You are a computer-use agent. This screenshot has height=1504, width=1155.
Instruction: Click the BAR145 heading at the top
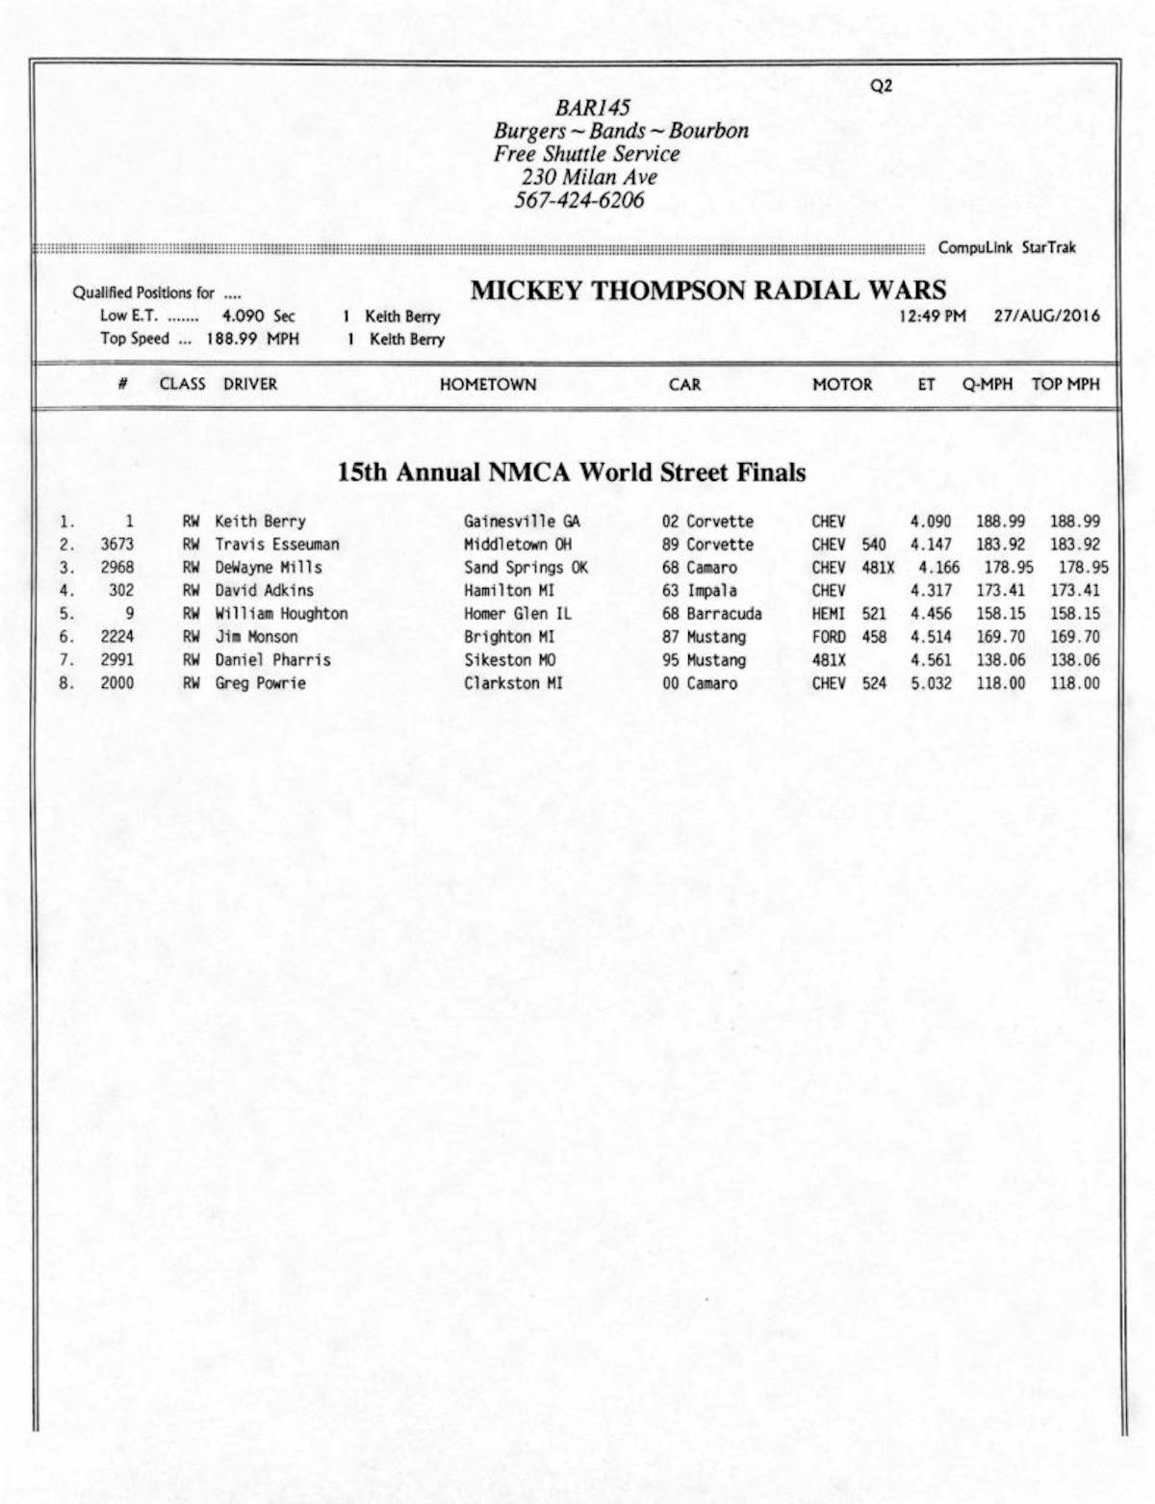[x=592, y=107]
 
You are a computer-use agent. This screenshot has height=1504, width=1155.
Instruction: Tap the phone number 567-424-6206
[x=578, y=200]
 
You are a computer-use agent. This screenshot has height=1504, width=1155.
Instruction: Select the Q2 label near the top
[x=881, y=86]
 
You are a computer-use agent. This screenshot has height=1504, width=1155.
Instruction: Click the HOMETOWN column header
[x=488, y=385]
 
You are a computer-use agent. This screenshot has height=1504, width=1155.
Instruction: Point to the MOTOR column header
[x=842, y=385]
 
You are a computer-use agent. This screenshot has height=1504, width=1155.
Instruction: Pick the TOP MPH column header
[x=1065, y=384]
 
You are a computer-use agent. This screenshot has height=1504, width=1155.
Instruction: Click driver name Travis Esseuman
[x=277, y=545]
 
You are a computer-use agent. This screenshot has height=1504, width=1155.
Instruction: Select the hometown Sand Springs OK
[x=526, y=568]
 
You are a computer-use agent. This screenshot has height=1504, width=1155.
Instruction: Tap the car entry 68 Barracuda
[x=711, y=614]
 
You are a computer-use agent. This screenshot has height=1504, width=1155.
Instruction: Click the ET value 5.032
[x=931, y=683]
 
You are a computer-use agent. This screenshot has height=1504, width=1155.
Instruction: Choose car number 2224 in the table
[x=117, y=637]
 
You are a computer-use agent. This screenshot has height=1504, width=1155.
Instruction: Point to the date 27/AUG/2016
[x=1046, y=316]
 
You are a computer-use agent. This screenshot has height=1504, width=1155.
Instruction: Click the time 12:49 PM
[x=932, y=316]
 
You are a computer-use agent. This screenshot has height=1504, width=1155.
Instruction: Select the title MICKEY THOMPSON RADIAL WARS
[x=708, y=290]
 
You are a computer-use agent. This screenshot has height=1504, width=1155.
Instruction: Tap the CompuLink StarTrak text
[x=1007, y=247]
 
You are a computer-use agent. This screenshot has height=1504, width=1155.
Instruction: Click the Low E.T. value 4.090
[x=243, y=316]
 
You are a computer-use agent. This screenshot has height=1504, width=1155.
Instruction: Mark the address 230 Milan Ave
[x=589, y=177]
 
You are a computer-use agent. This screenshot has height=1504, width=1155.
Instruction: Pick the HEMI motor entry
[x=828, y=614]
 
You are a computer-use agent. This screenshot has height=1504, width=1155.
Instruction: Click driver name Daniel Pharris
[x=272, y=660]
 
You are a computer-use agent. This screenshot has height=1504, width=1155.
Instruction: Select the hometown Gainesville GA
[x=522, y=522]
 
